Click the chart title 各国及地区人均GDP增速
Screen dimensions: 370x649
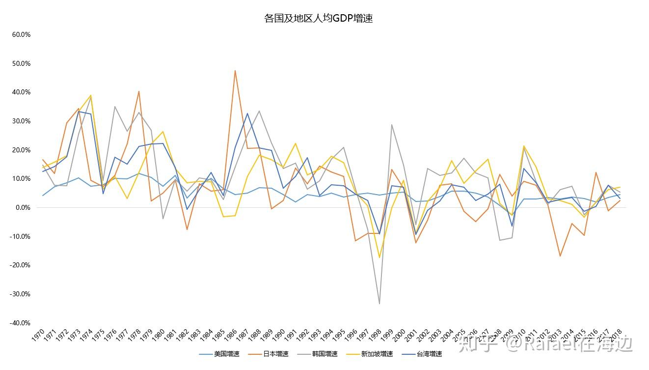318,19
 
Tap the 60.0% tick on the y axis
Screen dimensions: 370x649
21,35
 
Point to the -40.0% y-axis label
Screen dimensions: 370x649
20,323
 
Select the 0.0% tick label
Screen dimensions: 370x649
23,207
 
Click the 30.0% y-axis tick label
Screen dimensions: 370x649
21,121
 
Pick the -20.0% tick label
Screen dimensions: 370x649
20,265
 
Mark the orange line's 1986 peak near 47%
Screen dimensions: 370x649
235,71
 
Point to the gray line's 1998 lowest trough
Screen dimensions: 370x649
379,304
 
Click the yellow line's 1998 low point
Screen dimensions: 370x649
379,257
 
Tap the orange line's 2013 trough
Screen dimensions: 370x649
560,256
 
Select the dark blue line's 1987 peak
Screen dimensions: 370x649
247,114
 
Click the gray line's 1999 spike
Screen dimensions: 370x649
391,125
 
